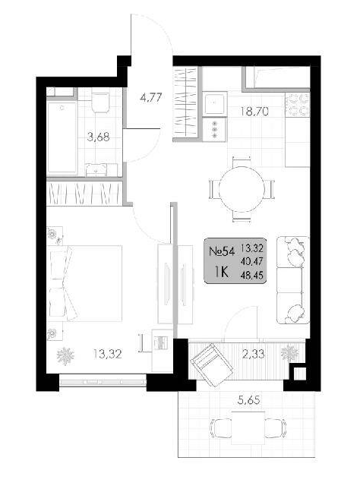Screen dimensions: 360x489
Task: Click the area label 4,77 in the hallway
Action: (x=151, y=98)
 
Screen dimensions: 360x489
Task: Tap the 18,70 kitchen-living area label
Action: (x=254, y=111)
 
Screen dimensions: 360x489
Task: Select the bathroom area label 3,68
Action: (x=98, y=137)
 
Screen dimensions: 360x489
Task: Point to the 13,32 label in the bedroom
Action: (x=107, y=354)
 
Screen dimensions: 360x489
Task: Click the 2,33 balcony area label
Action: (x=254, y=354)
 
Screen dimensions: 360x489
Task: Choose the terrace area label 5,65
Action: (x=248, y=400)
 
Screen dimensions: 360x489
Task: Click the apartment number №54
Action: (x=221, y=251)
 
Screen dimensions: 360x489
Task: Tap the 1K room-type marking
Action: (x=221, y=273)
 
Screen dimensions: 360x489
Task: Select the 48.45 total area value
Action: (x=252, y=275)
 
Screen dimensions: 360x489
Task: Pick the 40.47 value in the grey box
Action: (x=252, y=261)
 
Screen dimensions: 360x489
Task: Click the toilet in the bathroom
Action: (x=100, y=102)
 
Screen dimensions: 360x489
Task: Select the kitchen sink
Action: (x=214, y=104)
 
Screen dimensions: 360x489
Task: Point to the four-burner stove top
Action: (x=297, y=105)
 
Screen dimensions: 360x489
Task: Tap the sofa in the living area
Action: (x=293, y=280)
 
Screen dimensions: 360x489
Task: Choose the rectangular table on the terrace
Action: (x=248, y=427)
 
